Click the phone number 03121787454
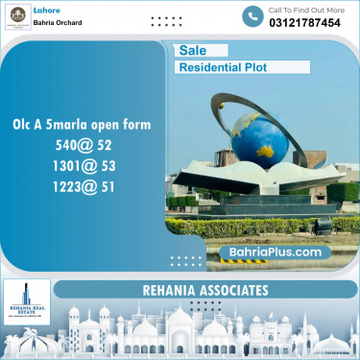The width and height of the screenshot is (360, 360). point(306,23)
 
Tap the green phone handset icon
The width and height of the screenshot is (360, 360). point(252,16)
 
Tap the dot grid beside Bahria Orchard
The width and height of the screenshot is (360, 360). point(166,20)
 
